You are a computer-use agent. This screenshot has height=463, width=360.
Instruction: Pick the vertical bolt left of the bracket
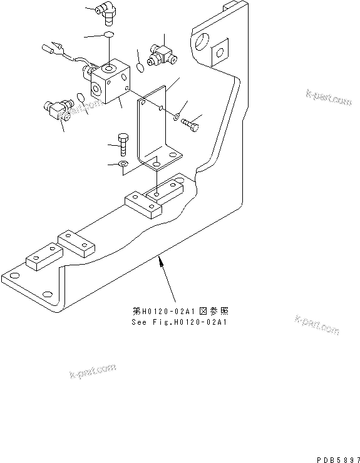pyautogui.click(x=123, y=145)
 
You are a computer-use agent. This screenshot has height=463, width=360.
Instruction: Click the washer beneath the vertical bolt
pyautogui.click(x=123, y=165)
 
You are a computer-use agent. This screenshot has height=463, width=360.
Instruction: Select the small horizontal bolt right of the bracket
pyautogui.click(x=191, y=125)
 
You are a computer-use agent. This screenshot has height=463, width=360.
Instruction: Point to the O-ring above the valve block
pyautogui.click(x=108, y=34)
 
